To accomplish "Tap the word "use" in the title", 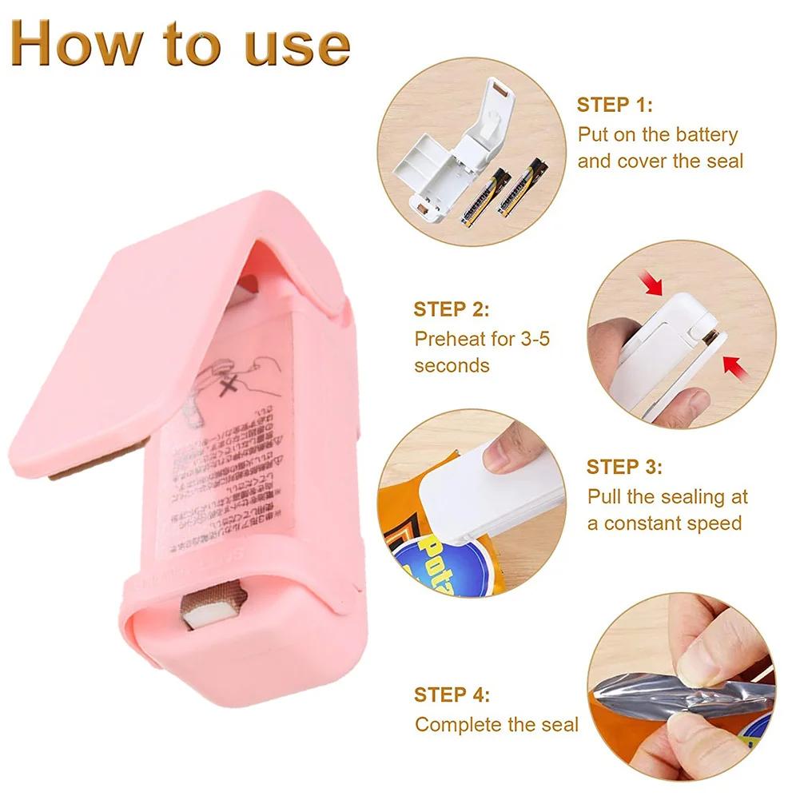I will (299, 46).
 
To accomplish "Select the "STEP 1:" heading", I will (615, 105).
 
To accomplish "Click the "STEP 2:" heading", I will (451, 309).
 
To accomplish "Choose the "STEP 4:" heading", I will (452, 694).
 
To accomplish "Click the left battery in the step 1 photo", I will (483, 197).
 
